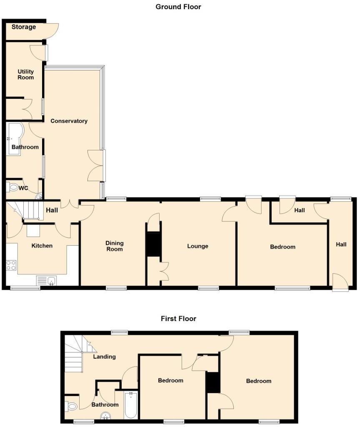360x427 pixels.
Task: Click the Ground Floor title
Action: point(178,7)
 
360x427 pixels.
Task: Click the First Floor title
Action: point(178,319)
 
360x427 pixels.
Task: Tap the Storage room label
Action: point(24,27)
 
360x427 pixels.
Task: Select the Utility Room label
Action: point(25,74)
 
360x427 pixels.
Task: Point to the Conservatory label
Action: point(69,121)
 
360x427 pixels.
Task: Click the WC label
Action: point(23,188)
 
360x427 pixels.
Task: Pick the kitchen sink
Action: point(47,280)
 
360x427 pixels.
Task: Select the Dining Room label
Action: point(114,246)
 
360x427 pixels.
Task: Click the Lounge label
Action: point(197,246)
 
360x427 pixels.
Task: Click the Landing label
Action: point(104,357)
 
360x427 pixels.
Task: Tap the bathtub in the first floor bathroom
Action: point(131,405)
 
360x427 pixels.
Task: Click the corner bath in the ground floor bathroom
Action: point(14,138)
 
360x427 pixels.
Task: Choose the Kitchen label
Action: point(42,246)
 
